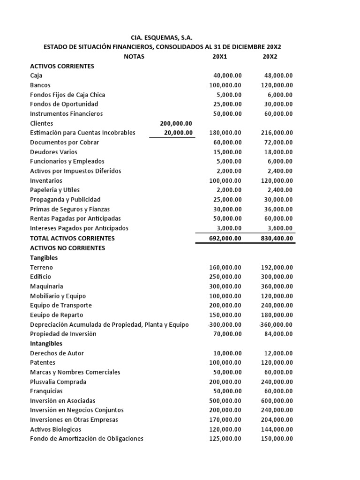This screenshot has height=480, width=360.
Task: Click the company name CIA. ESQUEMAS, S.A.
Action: (160, 37)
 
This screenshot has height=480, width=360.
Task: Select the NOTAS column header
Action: (134, 57)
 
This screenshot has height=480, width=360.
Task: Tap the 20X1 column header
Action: (219, 57)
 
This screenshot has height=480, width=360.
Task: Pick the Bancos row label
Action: (40, 85)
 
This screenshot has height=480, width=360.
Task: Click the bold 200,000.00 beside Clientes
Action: (176, 123)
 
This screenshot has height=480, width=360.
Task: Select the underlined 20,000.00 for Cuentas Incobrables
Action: (178, 133)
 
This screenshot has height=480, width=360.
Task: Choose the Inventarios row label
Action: (46, 180)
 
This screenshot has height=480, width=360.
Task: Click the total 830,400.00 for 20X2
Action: (277, 238)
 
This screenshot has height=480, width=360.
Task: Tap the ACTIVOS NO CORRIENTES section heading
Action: (67, 247)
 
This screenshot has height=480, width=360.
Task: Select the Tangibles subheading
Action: (44, 257)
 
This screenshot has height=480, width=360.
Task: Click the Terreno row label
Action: (41, 267)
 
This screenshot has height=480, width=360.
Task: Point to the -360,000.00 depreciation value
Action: (275, 324)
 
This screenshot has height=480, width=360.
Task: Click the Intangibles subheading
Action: (46, 343)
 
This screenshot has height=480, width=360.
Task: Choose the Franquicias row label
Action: (46, 391)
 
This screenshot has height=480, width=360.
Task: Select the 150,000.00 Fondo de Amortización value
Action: (277, 439)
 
